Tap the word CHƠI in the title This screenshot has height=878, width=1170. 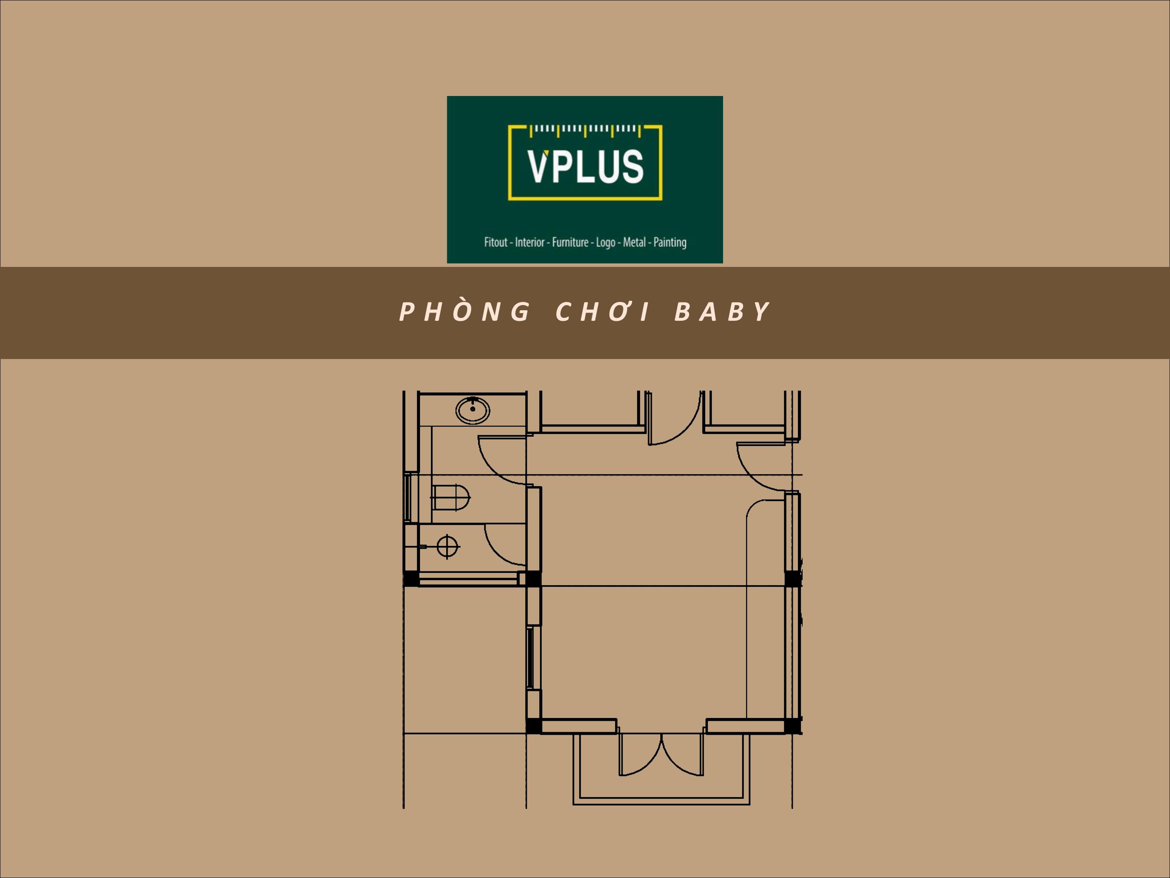[603, 312]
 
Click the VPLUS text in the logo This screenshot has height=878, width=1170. [585, 166]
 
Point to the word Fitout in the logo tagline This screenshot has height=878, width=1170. [496, 242]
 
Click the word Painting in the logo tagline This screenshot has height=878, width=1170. [670, 242]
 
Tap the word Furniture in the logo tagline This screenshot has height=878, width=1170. [570, 242]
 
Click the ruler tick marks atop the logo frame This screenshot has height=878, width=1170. [585, 129]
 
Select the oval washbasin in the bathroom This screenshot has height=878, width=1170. [473, 410]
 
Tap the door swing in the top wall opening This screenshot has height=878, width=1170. [674, 423]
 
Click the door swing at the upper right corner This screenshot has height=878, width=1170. [759, 468]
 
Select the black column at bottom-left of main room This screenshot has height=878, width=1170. [533, 725]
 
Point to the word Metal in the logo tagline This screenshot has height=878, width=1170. [634, 242]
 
